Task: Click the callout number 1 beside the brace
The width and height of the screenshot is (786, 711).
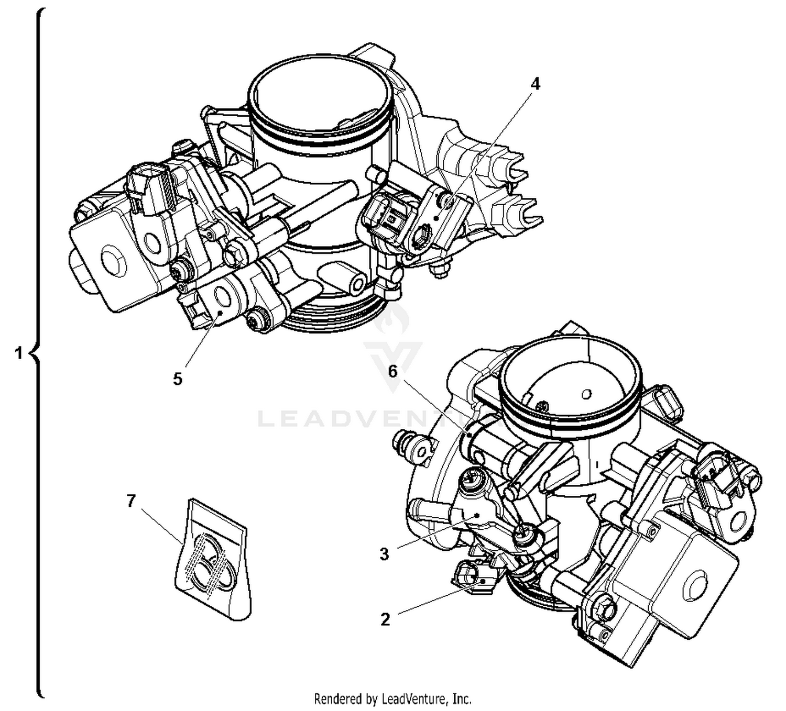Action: point(18,353)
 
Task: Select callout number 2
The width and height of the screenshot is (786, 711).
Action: point(385,619)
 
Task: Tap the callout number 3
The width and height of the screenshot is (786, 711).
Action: point(384,554)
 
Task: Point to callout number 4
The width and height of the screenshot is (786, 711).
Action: point(534,84)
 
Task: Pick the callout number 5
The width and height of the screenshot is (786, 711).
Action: point(178,379)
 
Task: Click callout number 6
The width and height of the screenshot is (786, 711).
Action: point(392,371)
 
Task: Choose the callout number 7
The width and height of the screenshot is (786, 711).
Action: point(131,501)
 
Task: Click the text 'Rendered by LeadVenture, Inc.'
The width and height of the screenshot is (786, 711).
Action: point(392,698)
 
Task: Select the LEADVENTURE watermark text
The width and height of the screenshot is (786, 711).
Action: point(367,419)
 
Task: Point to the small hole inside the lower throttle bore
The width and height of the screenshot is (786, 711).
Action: point(586,393)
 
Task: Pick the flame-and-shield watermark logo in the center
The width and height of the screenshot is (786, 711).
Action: point(393,340)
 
